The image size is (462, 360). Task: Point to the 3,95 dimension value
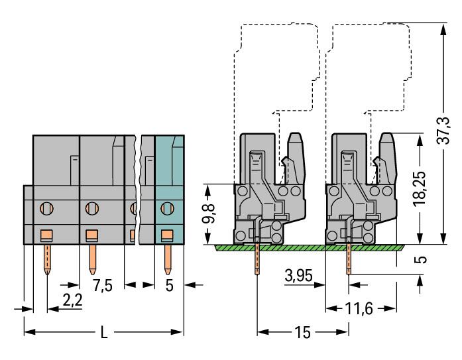tap(296, 274)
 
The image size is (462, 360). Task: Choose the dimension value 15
tap(302, 331)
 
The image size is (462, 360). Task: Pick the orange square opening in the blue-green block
tap(167, 234)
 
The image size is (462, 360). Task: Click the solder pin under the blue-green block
tap(167, 259)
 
